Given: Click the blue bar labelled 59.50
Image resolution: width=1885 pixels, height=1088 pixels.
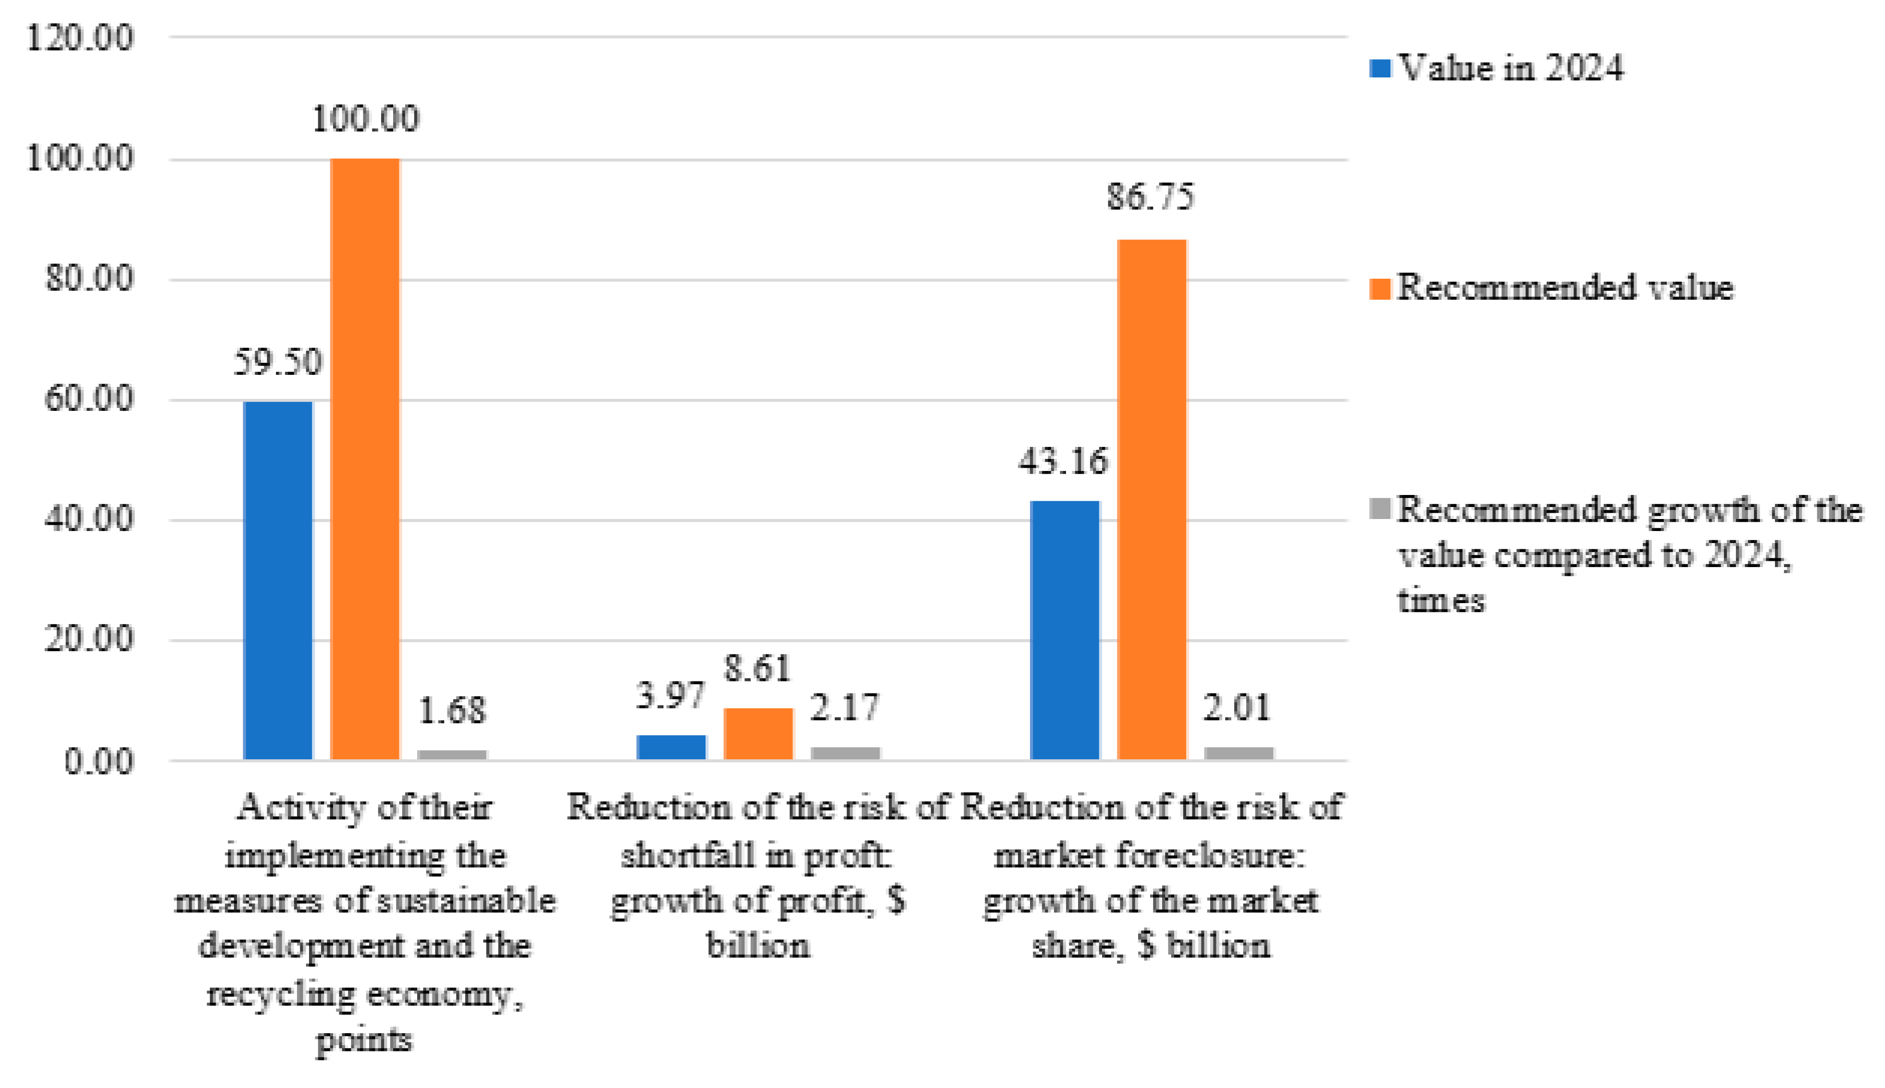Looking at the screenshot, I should point(278,581).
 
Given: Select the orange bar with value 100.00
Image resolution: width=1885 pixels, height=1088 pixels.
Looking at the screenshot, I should point(365,459).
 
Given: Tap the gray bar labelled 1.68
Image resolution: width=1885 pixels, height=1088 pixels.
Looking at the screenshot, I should point(452,754).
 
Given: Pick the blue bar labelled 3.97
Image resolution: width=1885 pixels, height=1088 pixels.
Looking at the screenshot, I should point(671,747).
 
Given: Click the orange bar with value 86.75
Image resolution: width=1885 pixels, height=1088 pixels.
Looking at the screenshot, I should point(1151,499).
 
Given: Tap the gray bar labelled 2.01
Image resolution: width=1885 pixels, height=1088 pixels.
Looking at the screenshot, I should point(1239,753).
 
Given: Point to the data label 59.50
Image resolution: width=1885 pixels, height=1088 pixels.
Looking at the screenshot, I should point(278,362).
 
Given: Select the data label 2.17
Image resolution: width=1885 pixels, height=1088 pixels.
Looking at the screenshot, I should point(845,707).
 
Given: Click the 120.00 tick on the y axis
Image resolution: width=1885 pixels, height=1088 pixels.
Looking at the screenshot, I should point(80,37).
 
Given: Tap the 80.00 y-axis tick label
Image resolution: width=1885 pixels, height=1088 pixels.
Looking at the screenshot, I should point(89,279).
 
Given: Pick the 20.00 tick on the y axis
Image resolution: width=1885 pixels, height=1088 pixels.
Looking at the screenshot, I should point(89,640).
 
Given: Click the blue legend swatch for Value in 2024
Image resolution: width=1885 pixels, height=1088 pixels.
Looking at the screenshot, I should point(1380,69).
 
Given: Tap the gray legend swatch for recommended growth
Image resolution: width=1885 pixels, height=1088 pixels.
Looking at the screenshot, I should point(1380,509).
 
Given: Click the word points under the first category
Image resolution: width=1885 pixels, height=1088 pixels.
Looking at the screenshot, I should point(364,1039).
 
